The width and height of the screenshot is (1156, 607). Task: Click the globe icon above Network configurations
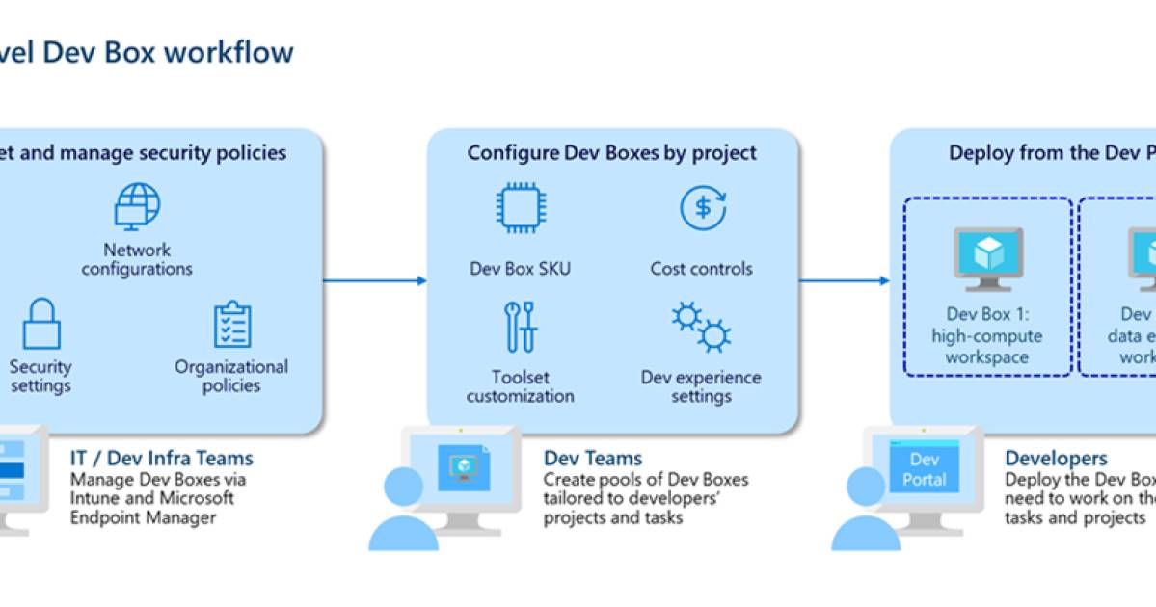(x=137, y=206)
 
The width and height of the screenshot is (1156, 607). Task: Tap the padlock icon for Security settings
(x=41, y=324)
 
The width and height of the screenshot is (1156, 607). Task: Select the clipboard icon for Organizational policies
(x=231, y=325)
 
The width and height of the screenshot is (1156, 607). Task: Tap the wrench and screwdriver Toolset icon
(x=521, y=327)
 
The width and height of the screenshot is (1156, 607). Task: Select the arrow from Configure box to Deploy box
(x=844, y=280)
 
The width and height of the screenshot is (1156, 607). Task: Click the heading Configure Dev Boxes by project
(x=612, y=152)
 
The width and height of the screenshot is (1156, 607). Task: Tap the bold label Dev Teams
(x=592, y=459)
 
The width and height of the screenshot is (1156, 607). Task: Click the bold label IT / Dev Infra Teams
(x=161, y=459)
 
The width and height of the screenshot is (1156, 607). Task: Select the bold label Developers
(x=1056, y=459)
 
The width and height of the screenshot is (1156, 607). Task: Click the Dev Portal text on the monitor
(x=924, y=469)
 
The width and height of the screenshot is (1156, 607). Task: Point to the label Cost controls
(x=701, y=269)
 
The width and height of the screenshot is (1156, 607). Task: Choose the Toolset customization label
(x=521, y=386)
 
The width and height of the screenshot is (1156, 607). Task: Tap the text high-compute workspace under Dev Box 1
(x=986, y=347)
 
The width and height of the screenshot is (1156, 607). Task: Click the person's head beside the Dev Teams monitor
(x=403, y=487)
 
